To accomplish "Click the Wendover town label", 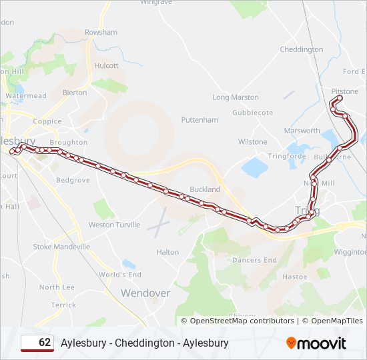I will tap(145, 293).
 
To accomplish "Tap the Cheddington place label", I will tap(302, 49).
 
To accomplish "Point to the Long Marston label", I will tap(236, 97).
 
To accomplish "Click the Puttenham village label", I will tap(200, 120).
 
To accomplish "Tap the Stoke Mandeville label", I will tap(61, 247).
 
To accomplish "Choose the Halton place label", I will tap(167, 252).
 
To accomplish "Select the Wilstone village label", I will tap(253, 141).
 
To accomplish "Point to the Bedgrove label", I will tap(73, 180).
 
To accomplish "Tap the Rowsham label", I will tap(101, 32).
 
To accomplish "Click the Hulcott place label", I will tap(107, 66).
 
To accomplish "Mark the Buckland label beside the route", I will tap(205, 189).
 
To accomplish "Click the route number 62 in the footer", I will tap(45, 343).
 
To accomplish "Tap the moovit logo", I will tap(316, 343).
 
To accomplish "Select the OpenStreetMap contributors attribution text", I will tap(242, 321).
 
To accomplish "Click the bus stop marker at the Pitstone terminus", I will tap(338, 99).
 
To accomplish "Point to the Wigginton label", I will tap(350, 252).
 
